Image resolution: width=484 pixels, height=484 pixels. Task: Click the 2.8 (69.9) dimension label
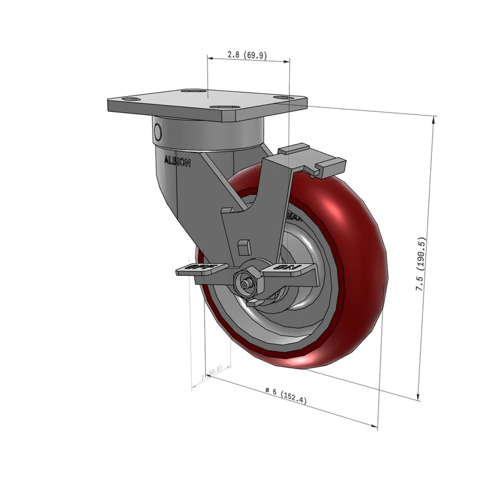(247, 54)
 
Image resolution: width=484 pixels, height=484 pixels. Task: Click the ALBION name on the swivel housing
(177, 162)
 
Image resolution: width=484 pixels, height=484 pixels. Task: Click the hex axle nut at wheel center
(247, 282)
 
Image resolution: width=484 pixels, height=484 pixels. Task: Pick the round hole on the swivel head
(159, 131)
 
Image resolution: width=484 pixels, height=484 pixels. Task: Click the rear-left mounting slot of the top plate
(192, 91)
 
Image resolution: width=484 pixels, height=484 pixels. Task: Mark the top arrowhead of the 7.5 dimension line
(434, 119)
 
